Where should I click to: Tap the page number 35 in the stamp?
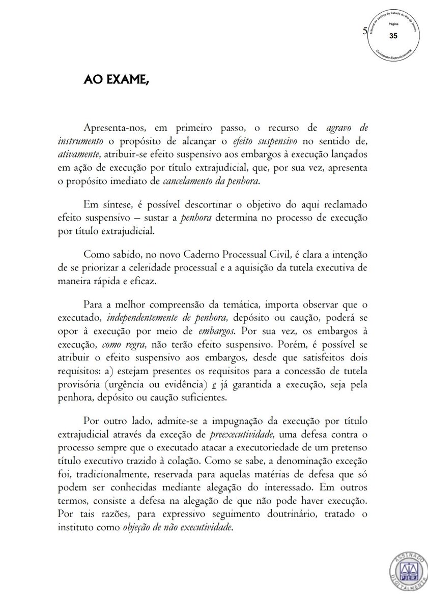(x=393, y=36)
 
